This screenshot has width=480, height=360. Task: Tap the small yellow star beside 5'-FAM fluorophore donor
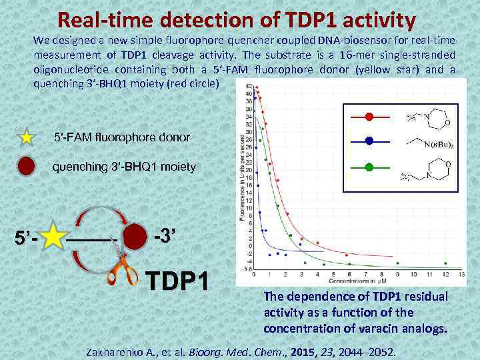[26, 138]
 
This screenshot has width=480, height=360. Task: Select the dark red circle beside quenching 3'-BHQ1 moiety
[26, 167]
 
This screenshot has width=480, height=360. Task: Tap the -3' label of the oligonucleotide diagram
[165, 235]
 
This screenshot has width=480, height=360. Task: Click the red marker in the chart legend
[369, 117]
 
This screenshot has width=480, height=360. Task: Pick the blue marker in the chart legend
[369, 141]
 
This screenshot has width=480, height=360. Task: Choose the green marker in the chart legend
[369, 165]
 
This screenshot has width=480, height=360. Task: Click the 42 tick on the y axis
[248, 87]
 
